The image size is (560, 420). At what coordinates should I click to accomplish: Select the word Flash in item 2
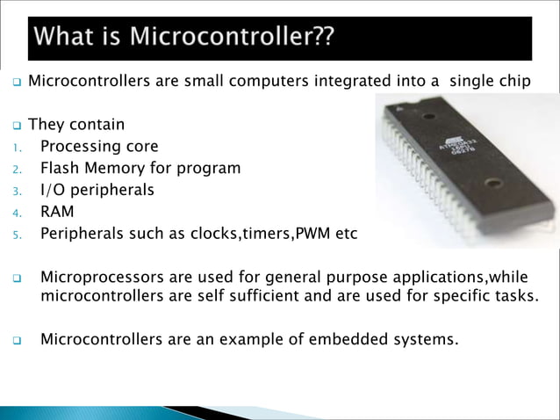61,168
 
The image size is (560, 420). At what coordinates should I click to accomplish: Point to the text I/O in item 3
54,190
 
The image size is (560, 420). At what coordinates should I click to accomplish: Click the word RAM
57,212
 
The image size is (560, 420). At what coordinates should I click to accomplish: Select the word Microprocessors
99,278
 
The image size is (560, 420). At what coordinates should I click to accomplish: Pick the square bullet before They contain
16,126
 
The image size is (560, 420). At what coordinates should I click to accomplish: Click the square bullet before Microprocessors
16,279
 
